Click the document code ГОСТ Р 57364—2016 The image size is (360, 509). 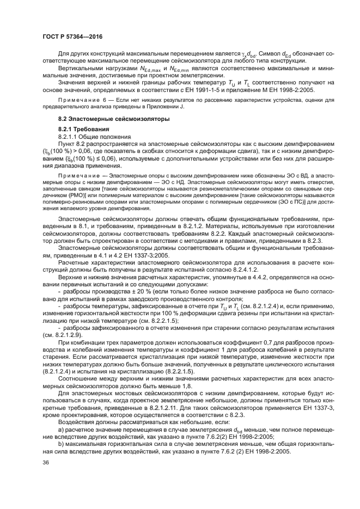tap(70, 36)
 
